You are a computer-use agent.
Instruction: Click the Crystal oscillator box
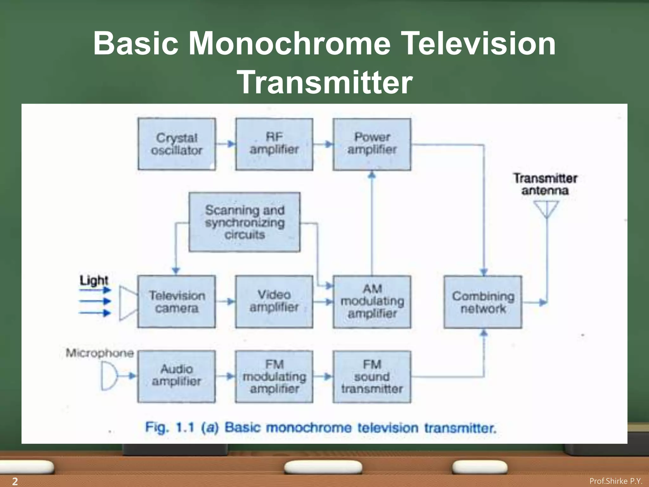coord(177,144)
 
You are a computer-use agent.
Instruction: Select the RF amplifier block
coord(274,144)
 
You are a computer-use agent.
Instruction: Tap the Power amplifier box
coord(372,144)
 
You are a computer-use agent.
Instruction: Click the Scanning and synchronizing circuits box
coord(244,222)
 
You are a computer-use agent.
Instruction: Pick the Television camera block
coord(177,302)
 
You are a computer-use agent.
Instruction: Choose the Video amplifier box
coord(274,302)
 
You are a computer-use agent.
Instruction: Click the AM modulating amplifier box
coord(372,302)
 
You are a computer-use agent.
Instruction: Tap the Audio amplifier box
coord(177,376)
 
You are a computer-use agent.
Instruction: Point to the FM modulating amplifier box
coord(274,376)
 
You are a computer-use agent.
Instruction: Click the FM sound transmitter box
coord(372,376)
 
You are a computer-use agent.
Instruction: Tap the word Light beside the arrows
coord(93,280)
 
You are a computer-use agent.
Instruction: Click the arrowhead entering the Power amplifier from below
coord(372,175)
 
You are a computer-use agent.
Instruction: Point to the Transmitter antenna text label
coord(545,184)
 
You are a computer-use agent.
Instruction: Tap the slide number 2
coord(15,481)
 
